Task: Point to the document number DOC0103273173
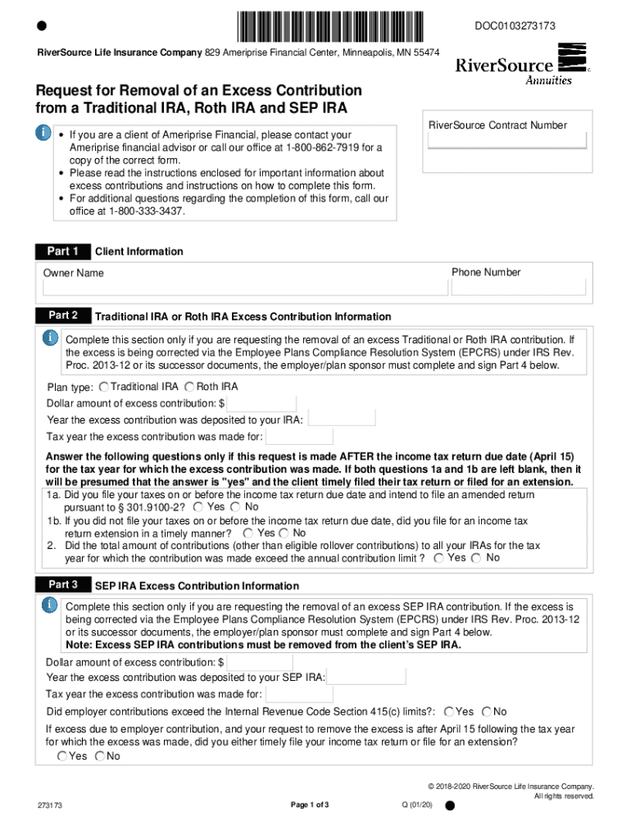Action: pos(515,26)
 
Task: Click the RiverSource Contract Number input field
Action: pos(507,140)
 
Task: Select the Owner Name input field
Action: pos(245,288)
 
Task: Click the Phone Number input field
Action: pos(519,287)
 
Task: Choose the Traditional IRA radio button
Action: pos(103,387)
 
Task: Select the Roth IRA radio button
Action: pos(189,387)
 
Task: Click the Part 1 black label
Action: pos(62,252)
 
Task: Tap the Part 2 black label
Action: pos(62,315)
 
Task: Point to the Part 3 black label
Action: pos(62,585)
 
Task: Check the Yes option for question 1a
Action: pos(199,507)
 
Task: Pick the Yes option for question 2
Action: pos(439,558)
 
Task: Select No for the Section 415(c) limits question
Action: pos(487,711)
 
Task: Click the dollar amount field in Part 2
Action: pos(262,403)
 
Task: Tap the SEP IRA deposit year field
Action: pos(366,677)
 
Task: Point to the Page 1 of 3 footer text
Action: pos(310,805)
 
